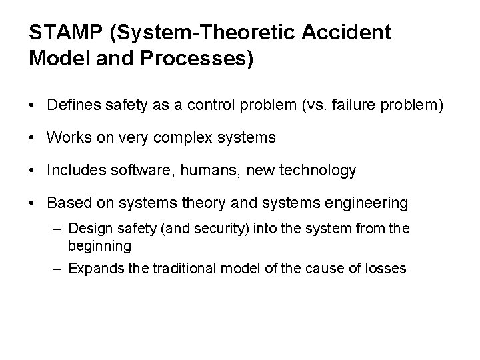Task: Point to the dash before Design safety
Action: [58, 229]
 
